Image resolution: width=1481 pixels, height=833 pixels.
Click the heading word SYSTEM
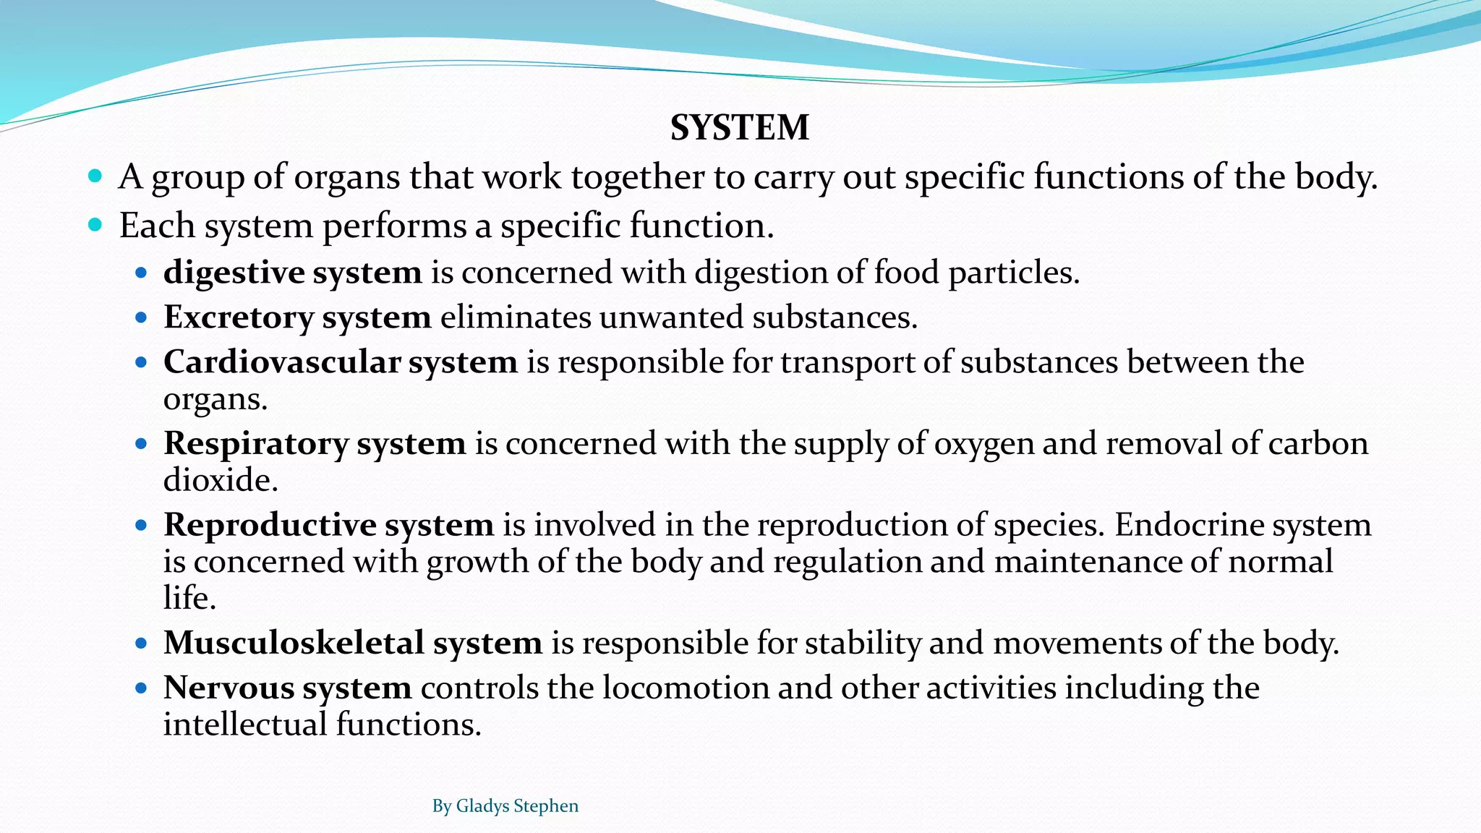point(739,128)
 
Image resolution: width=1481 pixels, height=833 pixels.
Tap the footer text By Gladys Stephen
point(505,806)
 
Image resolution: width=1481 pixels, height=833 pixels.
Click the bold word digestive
point(234,273)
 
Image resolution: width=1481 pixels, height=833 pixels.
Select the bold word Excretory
point(239,317)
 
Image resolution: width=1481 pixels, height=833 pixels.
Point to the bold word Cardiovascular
point(282,362)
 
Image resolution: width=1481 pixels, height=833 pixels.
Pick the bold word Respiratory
point(256,443)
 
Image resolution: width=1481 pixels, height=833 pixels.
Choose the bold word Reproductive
point(270,525)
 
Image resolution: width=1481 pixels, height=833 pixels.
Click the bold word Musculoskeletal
point(294,643)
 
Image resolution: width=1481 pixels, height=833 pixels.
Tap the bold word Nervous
point(229,688)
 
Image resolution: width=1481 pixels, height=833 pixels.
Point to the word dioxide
point(221,480)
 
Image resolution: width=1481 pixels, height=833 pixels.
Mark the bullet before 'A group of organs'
point(95,176)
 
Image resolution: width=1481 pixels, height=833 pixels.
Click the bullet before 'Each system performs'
point(95,225)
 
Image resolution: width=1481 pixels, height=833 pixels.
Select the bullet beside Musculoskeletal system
point(141,643)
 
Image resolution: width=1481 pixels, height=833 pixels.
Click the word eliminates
point(515,317)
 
